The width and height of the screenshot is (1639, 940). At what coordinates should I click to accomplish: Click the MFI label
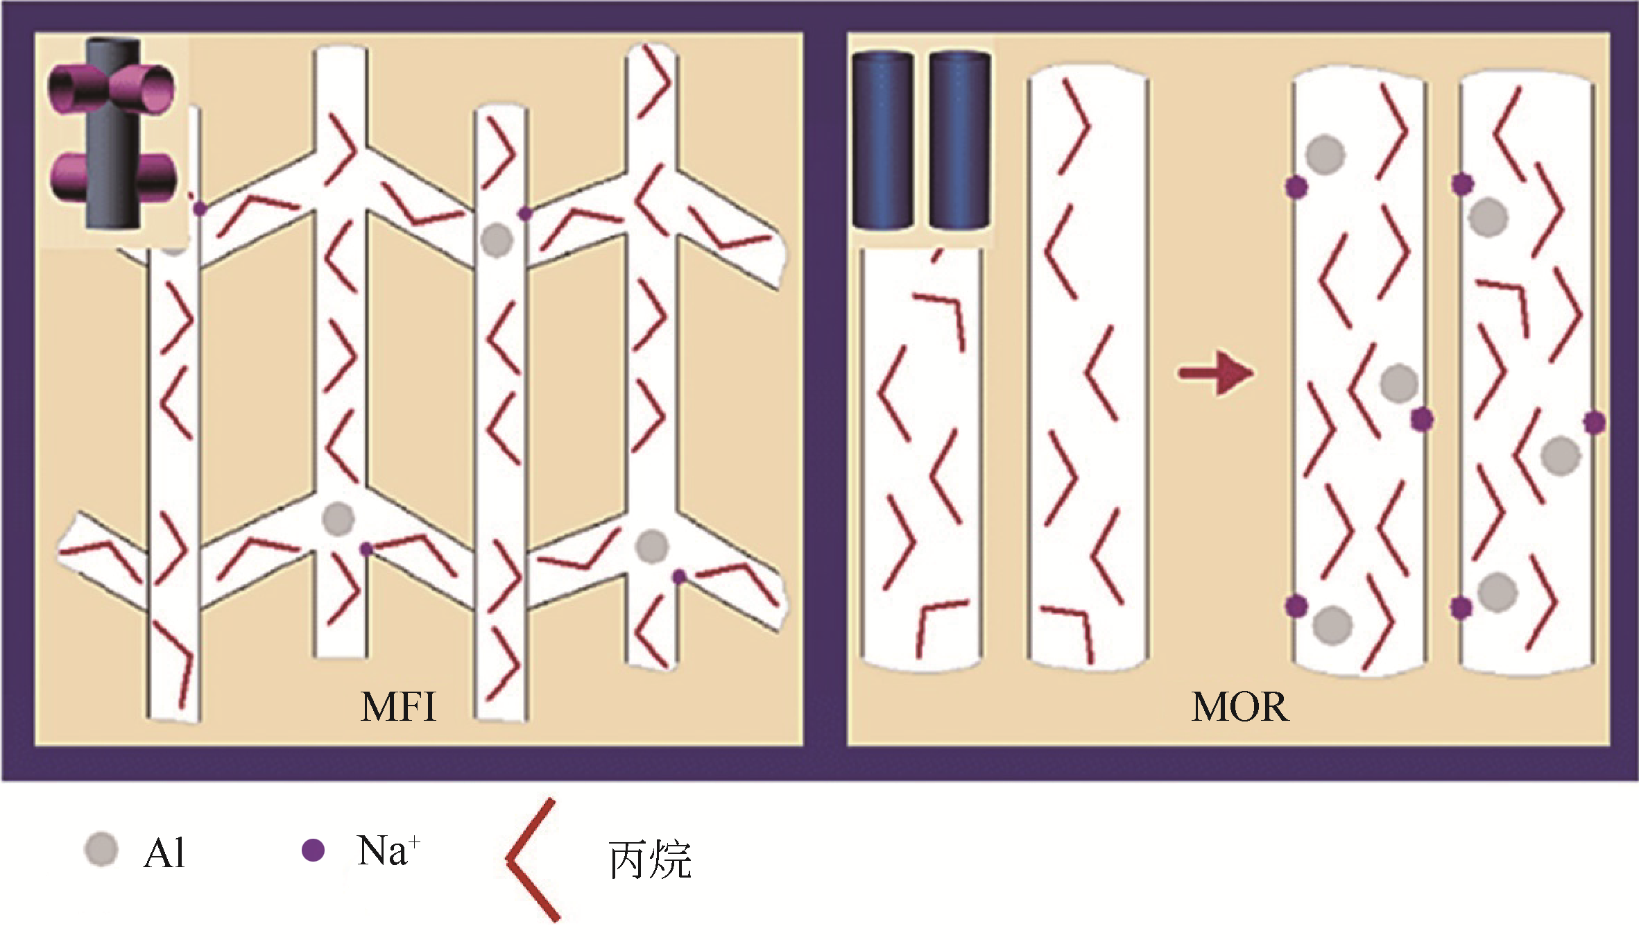pos(399,708)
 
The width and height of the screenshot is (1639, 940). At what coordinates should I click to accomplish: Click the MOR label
pos(1239,708)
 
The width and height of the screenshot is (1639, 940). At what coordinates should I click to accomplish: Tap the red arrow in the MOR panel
pos(1216,374)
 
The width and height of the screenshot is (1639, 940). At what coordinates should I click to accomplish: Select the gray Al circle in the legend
pos(101,850)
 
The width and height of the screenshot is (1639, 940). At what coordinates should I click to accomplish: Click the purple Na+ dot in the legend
pos(314,850)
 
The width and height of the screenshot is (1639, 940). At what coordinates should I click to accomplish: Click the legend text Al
pos(164,854)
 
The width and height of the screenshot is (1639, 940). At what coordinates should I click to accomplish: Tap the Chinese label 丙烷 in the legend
pos(650,860)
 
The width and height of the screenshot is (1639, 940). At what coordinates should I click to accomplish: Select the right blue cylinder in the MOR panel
pos(960,142)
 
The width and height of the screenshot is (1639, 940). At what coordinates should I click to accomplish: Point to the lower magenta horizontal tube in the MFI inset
pos(112,178)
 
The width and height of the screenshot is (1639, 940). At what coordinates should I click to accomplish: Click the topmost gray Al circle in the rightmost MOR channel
pos(1488,218)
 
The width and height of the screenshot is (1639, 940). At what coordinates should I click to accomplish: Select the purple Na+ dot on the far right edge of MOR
pos(1594,422)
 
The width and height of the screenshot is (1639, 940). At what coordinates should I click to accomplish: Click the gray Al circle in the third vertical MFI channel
pos(497,241)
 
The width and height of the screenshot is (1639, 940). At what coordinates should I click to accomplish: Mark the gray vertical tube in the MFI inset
pos(114,132)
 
